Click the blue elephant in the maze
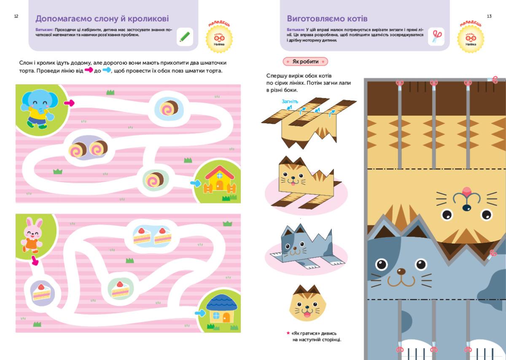pos(38,108)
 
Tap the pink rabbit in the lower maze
pos(32,235)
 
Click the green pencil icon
pos(185,37)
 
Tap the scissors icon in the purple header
pos(436,37)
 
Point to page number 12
pos(16,16)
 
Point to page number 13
pos(489,16)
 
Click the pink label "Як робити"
pos(305,62)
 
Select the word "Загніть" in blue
pos(290,102)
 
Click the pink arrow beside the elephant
pos(69,103)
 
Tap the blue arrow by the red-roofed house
pos(196,183)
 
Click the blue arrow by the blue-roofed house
pos(200,313)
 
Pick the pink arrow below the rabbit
pos(35,260)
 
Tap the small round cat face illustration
pos(308,303)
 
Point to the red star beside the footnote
pos(288,333)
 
